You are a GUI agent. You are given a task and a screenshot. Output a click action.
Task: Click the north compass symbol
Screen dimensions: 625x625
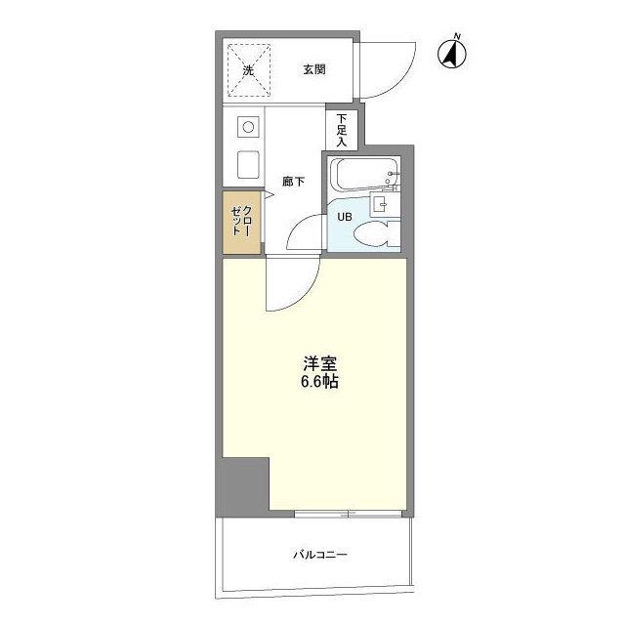(452, 53)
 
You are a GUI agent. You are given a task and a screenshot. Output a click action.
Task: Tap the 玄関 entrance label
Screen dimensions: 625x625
(314, 69)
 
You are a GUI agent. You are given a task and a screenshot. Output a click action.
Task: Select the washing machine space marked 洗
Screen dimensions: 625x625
(249, 70)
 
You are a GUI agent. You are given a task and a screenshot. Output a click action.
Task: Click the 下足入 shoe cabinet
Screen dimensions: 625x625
(342, 130)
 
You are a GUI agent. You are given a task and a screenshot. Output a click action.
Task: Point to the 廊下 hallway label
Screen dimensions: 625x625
(293, 182)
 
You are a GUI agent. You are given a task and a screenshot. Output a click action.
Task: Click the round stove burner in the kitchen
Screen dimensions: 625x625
(248, 127)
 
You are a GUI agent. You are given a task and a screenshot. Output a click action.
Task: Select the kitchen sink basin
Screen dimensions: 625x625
(248, 165)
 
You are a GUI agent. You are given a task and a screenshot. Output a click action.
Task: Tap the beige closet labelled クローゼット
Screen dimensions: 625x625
(241, 223)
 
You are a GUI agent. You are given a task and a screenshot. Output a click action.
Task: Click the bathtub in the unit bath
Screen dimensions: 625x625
(365, 175)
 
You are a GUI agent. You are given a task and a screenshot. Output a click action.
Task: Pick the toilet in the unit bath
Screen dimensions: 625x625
(376, 234)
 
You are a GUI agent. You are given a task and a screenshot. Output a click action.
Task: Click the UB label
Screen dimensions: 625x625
(345, 217)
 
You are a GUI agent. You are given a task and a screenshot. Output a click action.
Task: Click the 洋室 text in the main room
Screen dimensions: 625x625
(320, 363)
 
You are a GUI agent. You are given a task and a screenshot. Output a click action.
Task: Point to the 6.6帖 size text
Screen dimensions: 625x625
(319, 382)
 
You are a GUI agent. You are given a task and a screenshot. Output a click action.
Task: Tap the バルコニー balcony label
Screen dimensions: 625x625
(320, 555)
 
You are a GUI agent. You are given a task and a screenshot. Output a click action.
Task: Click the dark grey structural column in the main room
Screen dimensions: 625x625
(245, 487)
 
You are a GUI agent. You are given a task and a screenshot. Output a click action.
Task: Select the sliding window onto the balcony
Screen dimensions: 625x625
(348, 514)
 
